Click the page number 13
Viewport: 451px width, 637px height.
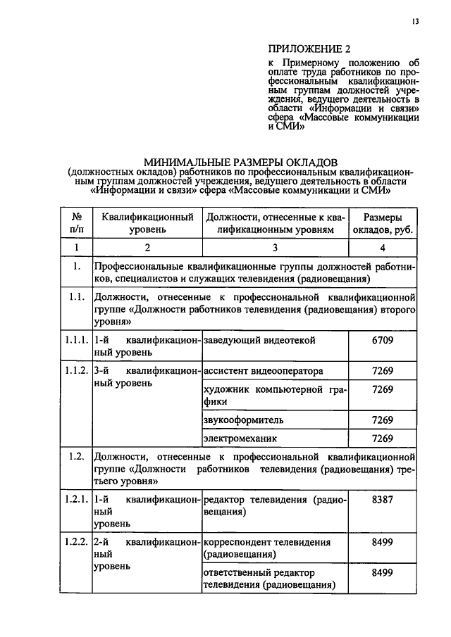coord(416,22)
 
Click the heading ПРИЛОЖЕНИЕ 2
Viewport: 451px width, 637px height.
coord(309,49)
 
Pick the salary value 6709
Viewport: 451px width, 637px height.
coord(383,341)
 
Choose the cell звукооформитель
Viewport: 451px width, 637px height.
coord(244,420)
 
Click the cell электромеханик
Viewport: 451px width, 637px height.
coord(240,439)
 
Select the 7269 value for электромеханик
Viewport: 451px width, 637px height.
coord(383,439)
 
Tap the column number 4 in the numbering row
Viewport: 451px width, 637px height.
coord(383,248)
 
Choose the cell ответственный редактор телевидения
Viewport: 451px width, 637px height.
coord(268,579)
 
